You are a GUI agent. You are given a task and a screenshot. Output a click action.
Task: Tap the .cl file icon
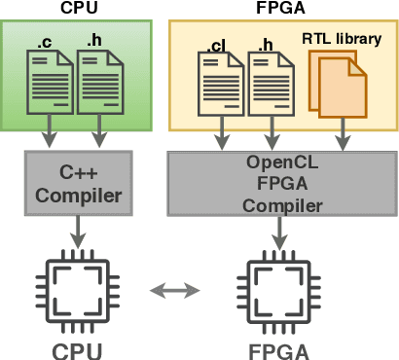click(x=219, y=87)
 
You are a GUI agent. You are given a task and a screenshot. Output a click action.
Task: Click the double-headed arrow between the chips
click(x=176, y=289)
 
